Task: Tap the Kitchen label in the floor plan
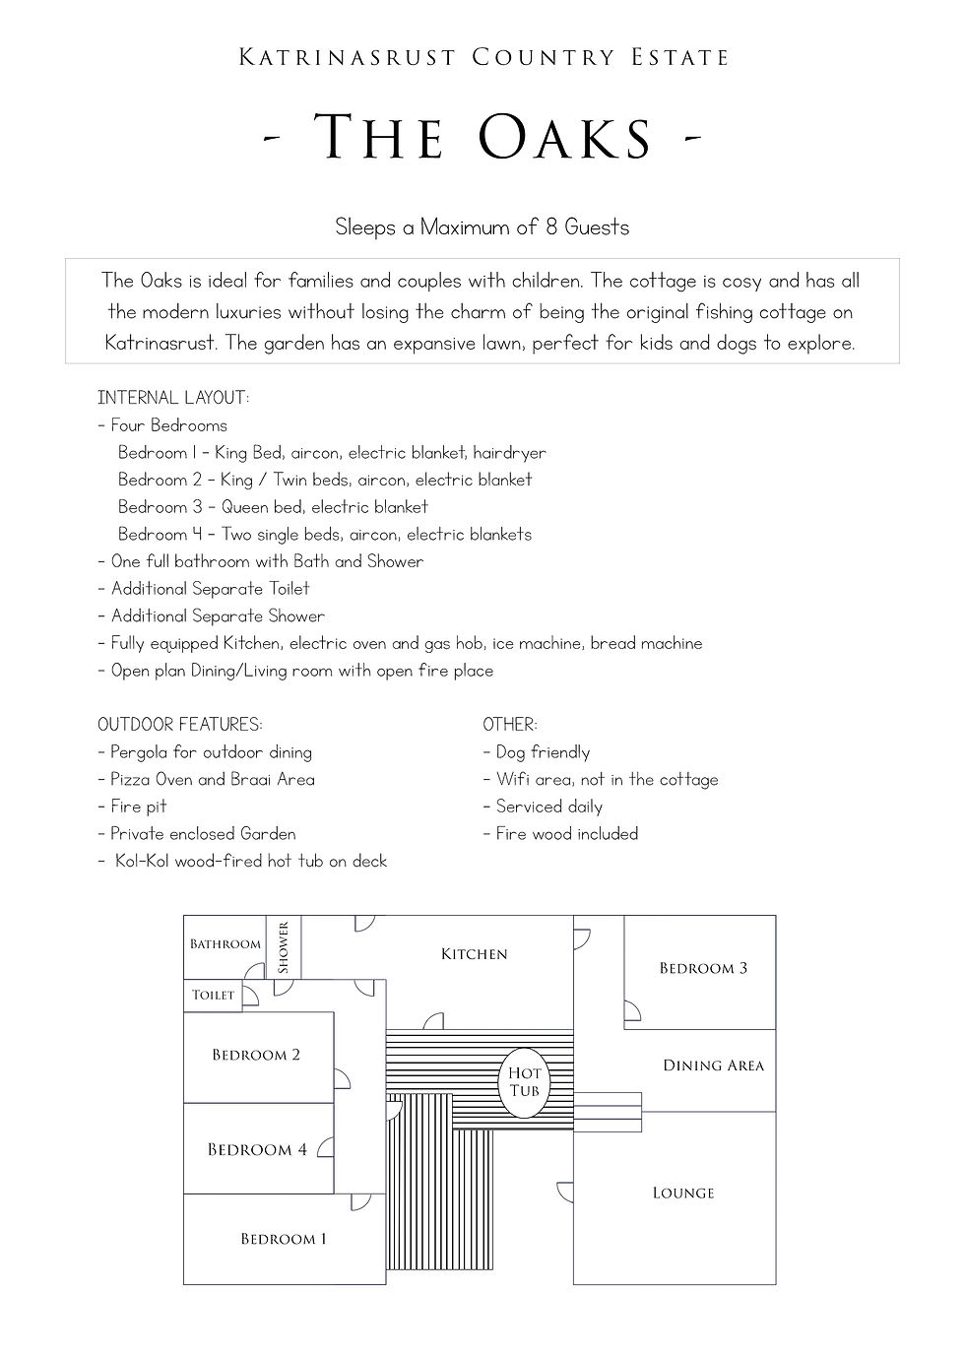click(475, 954)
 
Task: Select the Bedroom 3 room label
click(703, 968)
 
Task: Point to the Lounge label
click(683, 1193)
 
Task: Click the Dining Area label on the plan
click(713, 1065)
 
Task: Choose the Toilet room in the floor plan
click(214, 996)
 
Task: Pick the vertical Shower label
click(284, 947)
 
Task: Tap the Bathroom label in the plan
click(225, 944)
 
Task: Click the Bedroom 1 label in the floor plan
click(284, 1239)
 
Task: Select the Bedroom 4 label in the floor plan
click(257, 1149)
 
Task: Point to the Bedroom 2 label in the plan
click(256, 1055)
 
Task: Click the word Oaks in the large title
click(566, 137)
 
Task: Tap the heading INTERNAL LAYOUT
click(173, 398)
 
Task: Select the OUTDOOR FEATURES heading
click(180, 725)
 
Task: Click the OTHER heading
click(510, 725)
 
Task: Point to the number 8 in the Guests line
click(551, 227)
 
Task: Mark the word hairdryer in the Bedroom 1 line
click(509, 453)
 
